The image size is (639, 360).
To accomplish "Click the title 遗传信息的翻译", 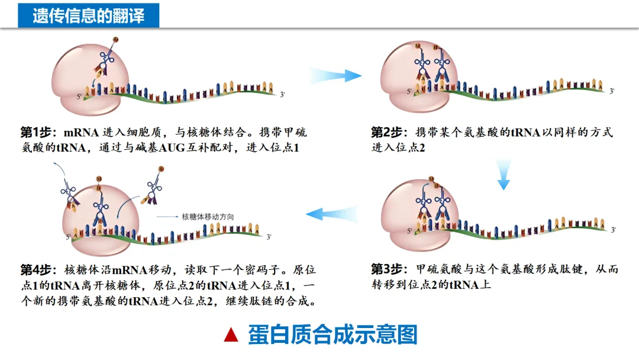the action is coord(89,16).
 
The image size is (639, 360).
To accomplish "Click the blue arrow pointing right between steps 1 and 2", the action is coord(335,75).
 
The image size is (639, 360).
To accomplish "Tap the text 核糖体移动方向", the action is coord(208,217).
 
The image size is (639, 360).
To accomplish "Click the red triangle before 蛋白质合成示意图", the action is coord(231,336).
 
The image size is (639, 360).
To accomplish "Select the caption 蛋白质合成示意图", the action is coord(333,335).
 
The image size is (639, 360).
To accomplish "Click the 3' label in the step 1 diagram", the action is coord(283,94).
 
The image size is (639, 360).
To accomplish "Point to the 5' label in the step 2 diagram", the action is coord(409,92).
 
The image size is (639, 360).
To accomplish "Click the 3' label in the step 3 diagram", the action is coord(614,230).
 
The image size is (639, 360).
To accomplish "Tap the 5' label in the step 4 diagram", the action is coord(69,237).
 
